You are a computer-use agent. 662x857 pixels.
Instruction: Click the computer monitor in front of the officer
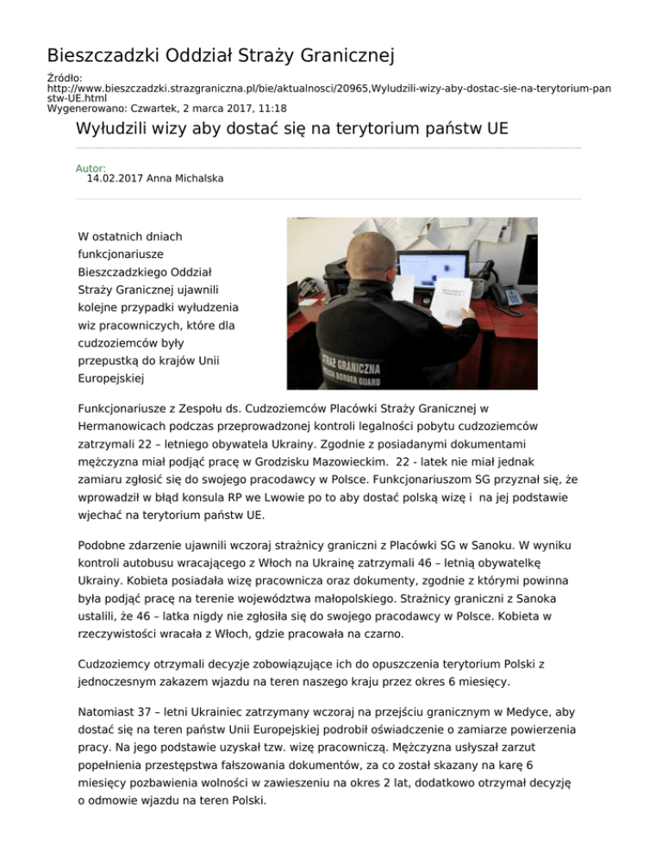pos(433,276)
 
